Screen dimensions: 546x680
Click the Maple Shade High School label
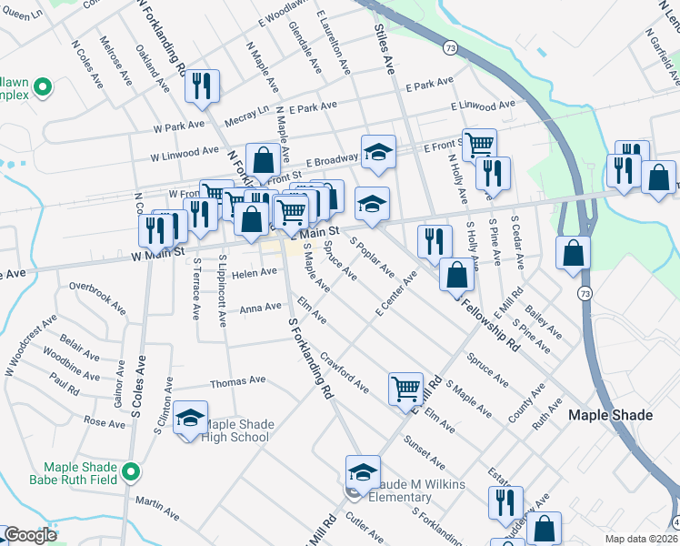tap(236, 430)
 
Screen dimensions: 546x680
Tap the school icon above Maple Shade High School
tap(191, 419)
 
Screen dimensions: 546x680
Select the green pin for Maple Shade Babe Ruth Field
tap(131, 471)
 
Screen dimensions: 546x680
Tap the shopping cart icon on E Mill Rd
tap(405, 389)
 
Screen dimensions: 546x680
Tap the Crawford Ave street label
tap(345, 374)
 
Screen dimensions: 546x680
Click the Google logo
tap(30, 535)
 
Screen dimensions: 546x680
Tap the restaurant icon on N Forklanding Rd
tap(202, 86)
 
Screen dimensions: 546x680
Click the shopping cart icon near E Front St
tap(479, 144)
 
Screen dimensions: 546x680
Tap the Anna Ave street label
tap(260, 308)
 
